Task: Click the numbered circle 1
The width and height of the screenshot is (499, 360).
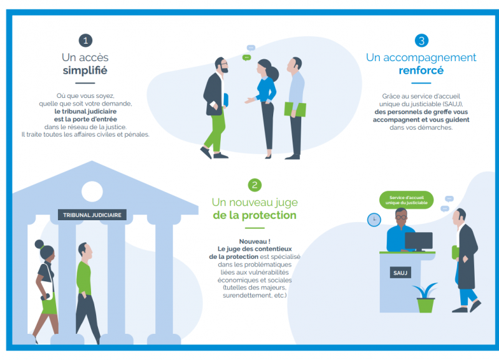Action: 85,41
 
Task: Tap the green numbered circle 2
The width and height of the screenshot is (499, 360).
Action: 254,185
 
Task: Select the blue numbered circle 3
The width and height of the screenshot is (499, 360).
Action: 422,41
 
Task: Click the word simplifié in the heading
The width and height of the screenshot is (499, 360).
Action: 85,71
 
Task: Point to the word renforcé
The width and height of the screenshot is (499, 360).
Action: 421,71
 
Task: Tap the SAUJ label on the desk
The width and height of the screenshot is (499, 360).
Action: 399,273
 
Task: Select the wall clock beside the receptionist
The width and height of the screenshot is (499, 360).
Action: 374,220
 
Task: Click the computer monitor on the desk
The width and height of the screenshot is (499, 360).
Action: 418,240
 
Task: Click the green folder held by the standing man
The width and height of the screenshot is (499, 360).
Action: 295,110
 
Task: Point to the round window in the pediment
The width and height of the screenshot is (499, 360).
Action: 92,191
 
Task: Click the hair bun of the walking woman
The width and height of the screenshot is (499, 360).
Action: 40,244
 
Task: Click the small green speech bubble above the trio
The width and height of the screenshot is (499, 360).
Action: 247,57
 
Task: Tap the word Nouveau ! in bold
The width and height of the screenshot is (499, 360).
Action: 253,241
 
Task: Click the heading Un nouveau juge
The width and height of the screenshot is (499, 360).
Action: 254,202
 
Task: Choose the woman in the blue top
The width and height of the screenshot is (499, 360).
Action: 266,94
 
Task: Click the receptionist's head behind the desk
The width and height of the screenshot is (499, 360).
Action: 401,216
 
